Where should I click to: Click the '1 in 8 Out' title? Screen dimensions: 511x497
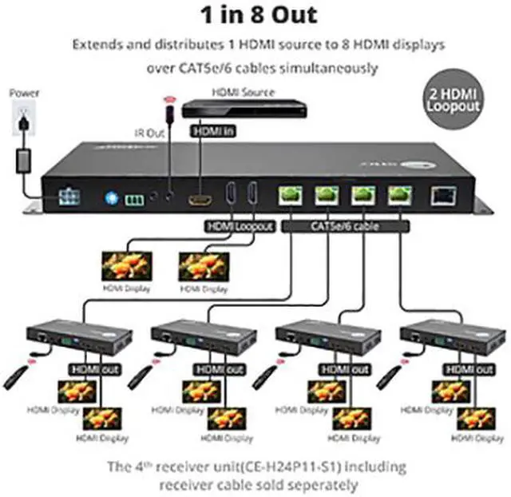click(254, 14)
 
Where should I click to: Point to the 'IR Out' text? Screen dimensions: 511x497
click(149, 133)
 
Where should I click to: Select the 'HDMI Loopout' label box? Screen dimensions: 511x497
click(240, 227)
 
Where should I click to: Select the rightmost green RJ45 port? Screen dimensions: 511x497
click(399, 194)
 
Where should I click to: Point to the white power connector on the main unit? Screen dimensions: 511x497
click(68, 197)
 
